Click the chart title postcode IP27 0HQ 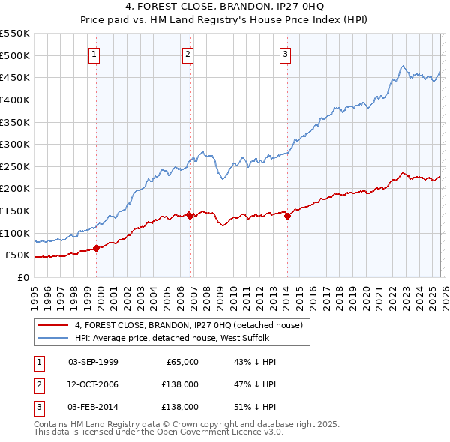315,7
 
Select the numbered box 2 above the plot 187,53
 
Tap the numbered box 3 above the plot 286,53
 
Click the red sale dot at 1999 97,249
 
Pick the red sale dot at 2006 190,216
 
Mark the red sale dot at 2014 287,216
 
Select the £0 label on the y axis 22,277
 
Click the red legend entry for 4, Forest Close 187,326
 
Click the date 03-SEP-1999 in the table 93,362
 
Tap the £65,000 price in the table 181,362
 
